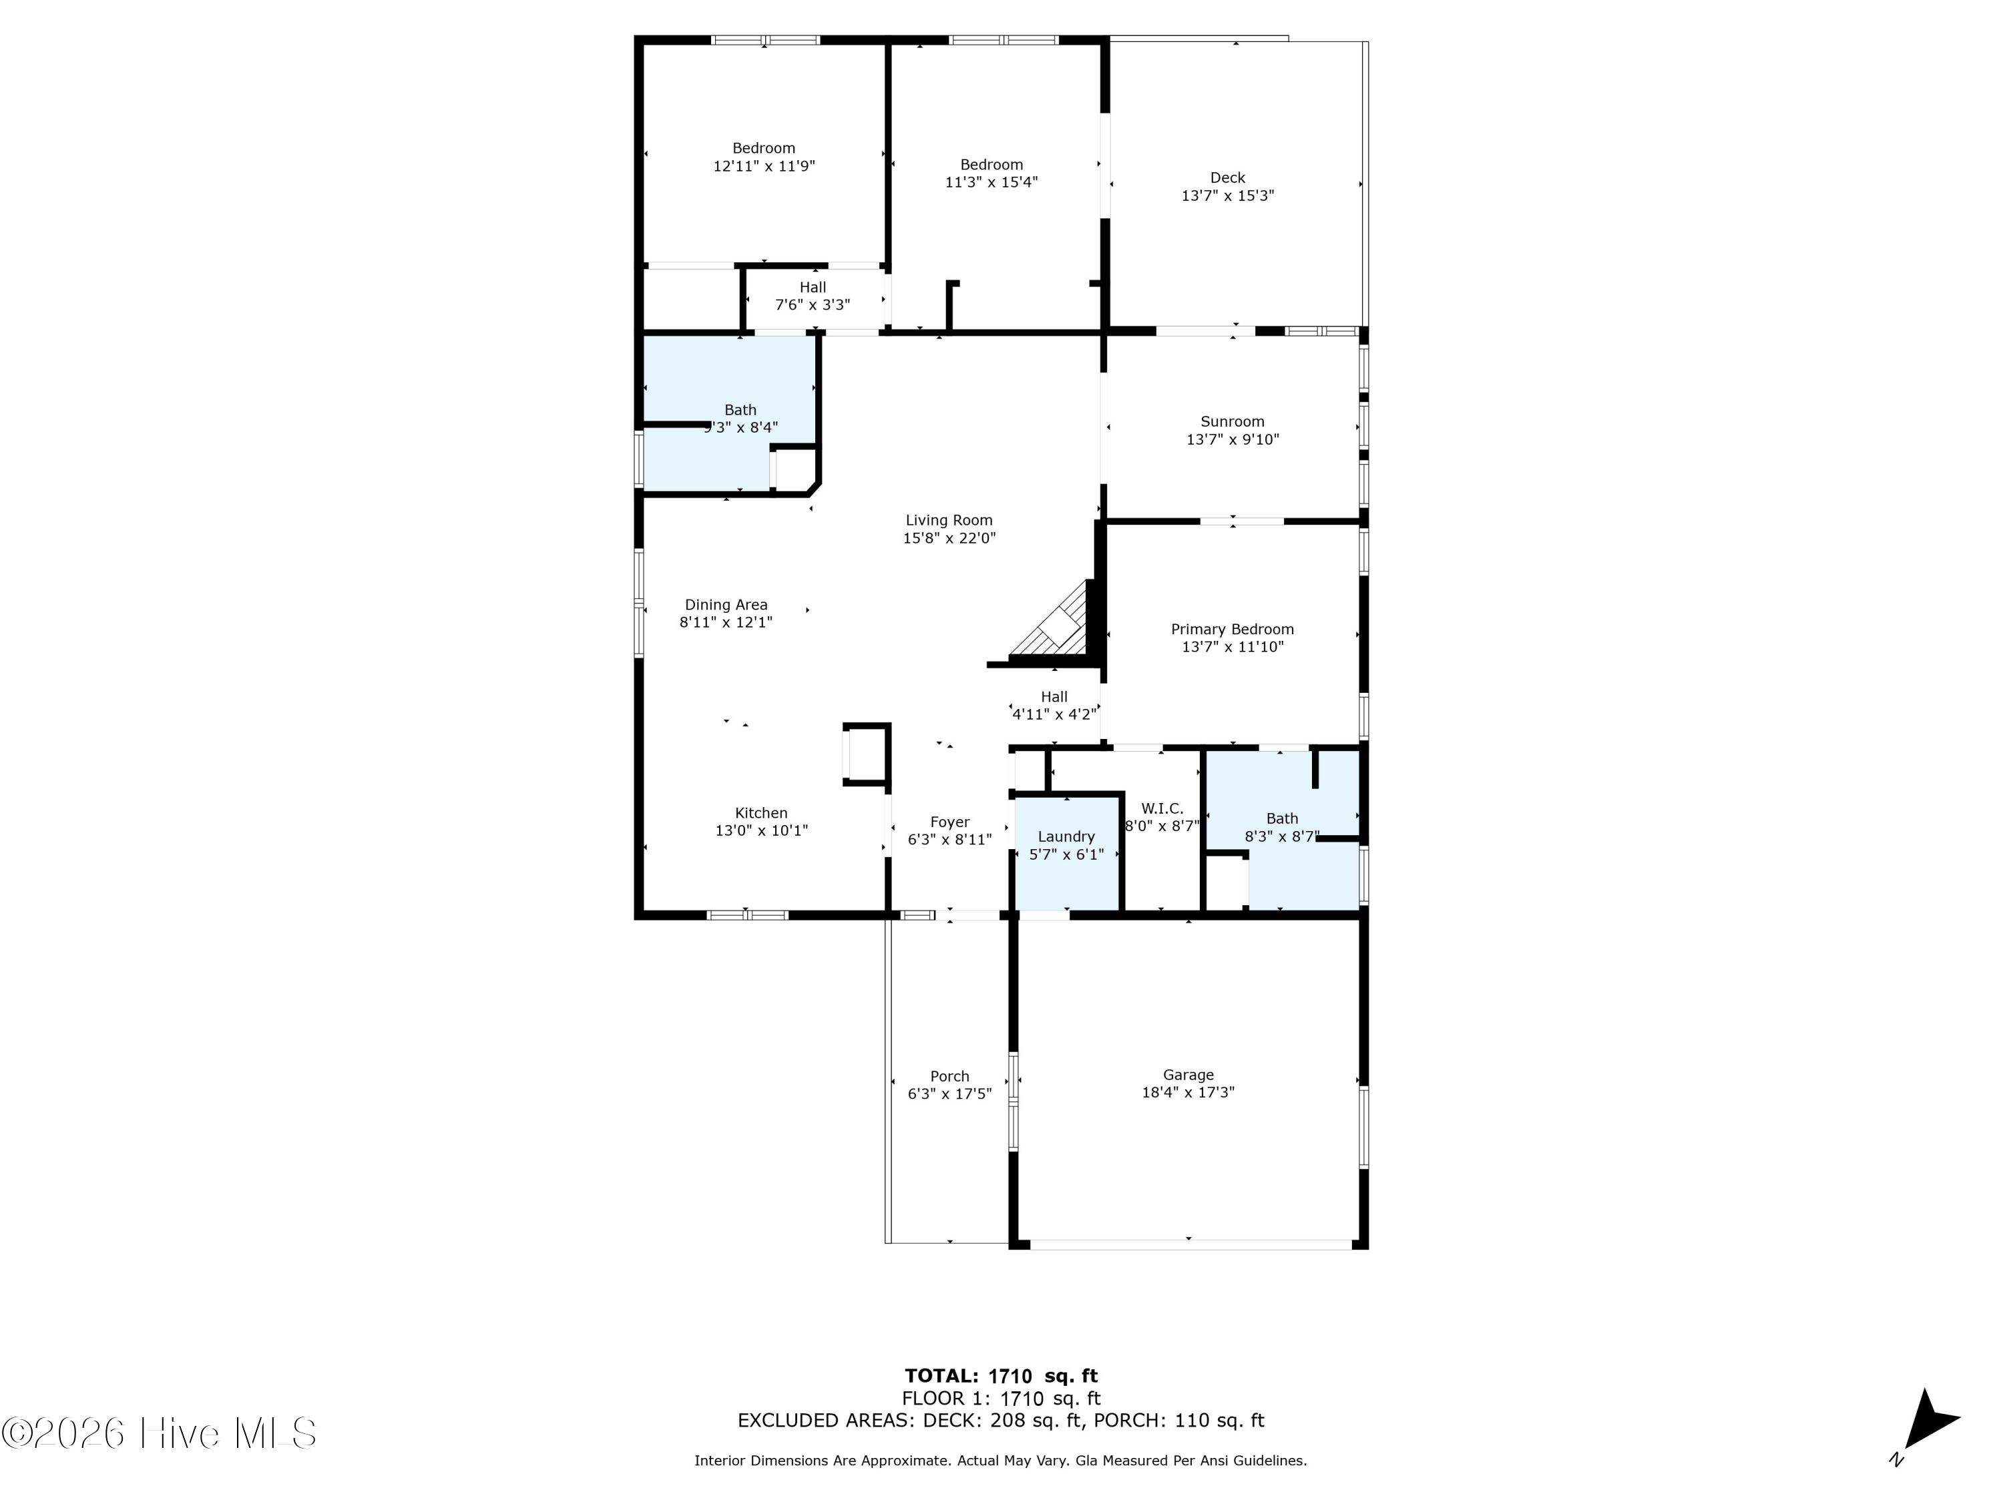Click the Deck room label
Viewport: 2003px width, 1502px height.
point(1228,178)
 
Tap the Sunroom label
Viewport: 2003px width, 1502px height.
point(1233,422)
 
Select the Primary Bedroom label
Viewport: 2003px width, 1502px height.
point(1233,630)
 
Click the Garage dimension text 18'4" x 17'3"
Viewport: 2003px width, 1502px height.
point(1188,1093)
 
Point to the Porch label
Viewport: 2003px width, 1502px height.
point(950,1077)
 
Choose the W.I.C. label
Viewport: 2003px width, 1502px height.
point(1162,808)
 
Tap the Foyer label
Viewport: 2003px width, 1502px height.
point(950,822)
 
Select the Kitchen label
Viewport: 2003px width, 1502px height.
point(762,813)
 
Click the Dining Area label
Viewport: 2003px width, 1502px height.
point(726,605)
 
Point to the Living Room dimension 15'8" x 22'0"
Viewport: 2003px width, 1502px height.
point(949,538)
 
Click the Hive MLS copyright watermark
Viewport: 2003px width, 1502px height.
point(160,1433)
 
